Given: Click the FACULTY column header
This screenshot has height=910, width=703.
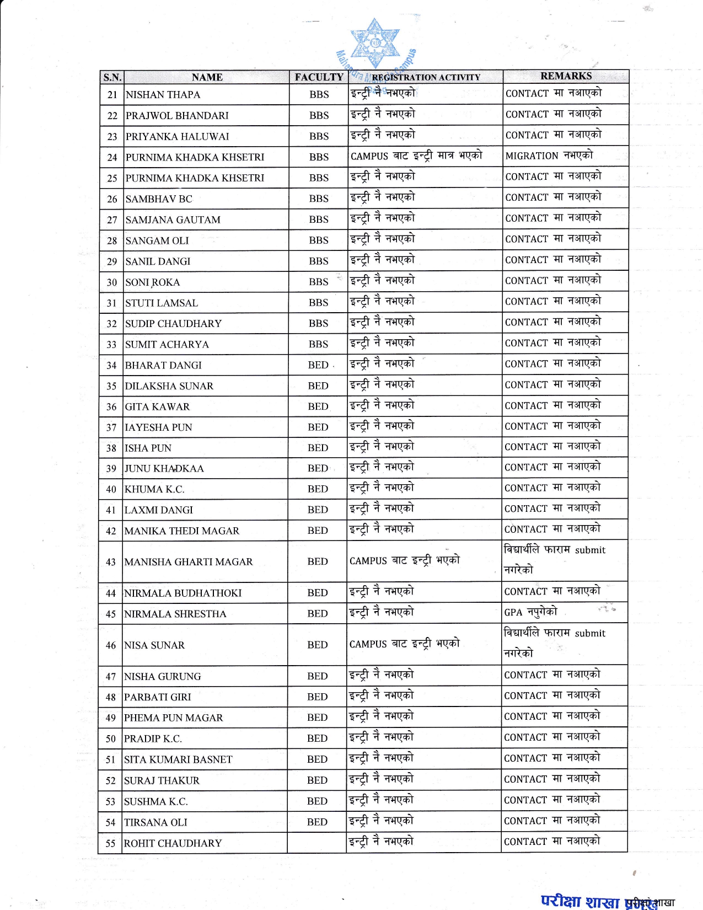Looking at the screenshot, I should [319, 77].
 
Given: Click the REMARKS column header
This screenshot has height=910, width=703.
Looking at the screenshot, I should [566, 76].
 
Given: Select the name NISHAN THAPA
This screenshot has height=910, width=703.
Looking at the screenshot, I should [163, 95].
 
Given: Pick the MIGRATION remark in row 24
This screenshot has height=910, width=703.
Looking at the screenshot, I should [549, 156].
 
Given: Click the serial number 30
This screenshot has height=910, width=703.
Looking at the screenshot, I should [112, 282].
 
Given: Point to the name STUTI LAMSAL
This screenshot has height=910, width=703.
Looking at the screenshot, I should [161, 303].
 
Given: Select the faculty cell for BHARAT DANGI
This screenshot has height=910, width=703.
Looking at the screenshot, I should [318, 365].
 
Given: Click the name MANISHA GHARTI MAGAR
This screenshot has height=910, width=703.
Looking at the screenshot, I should [189, 562].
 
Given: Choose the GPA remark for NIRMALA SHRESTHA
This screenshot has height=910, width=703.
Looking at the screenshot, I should [530, 612].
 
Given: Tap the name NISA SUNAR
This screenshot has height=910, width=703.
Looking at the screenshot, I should [154, 645].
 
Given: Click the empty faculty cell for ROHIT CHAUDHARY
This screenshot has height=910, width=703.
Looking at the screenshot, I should [317, 843].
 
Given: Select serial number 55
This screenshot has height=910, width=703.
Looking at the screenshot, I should [111, 843].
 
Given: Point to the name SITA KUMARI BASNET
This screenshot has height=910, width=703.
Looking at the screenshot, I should [178, 759].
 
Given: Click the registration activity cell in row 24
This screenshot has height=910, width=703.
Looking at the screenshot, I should [416, 156].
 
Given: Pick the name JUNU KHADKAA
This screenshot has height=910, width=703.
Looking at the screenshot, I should [164, 469].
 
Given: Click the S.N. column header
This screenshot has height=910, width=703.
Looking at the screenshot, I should [112, 77].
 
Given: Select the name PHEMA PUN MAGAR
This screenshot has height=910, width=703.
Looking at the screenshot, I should [173, 718].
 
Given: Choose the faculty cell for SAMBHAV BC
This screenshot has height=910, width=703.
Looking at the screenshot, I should [319, 199].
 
